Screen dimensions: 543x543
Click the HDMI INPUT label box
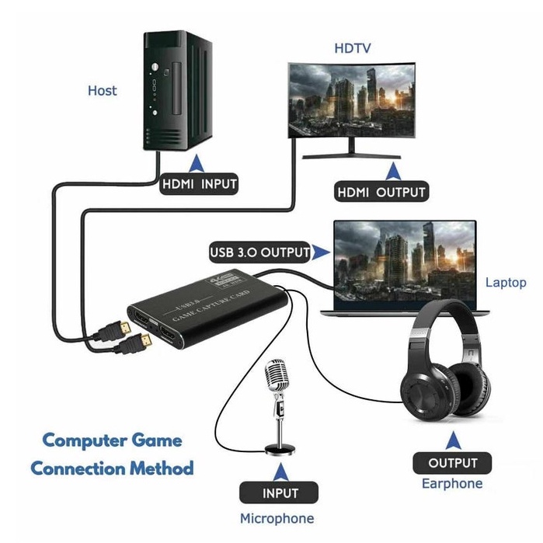tap(198, 185)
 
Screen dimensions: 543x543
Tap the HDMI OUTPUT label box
tap(381, 191)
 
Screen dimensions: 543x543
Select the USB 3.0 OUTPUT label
tap(259, 252)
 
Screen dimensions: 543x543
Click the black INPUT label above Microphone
tap(279, 493)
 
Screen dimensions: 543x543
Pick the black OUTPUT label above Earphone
tap(452, 464)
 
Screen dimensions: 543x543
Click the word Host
tap(102, 91)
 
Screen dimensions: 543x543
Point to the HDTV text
tap(353, 48)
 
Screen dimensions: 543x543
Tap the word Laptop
tap(506, 283)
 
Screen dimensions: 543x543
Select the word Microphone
tap(277, 518)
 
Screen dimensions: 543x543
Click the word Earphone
tap(452, 484)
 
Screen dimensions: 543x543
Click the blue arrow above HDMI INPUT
tap(197, 163)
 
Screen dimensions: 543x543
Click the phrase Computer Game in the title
tap(112, 440)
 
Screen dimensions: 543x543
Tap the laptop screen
tap(404, 256)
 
